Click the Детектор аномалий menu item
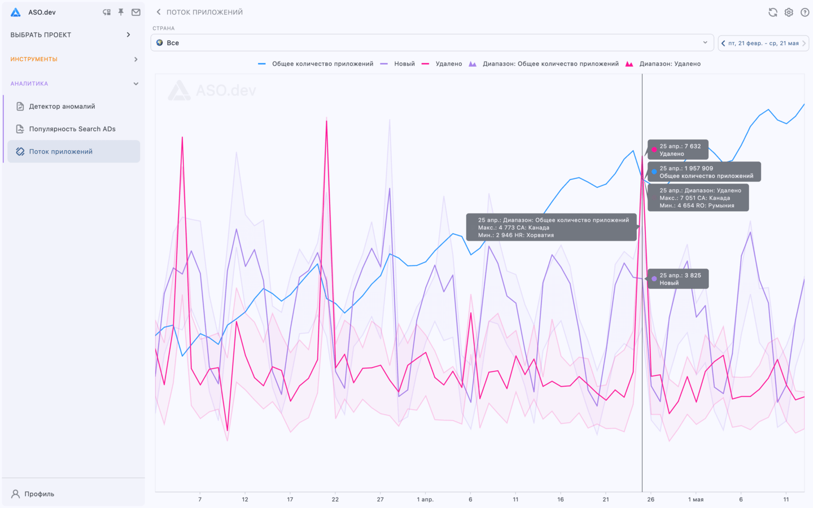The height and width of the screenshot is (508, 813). coord(62,106)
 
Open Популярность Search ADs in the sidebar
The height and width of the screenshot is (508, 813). coord(72,129)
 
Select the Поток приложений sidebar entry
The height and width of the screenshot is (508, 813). coord(61,151)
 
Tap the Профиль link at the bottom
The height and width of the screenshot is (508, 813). coord(39,494)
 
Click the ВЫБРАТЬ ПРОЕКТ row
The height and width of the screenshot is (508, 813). coord(71,35)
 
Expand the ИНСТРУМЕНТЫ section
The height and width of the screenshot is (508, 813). coord(73,59)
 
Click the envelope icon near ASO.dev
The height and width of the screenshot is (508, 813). coord(136,12)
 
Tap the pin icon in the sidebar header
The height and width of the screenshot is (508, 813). coord(121,12)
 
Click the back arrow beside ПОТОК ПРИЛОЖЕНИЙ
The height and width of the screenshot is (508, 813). coord(159,12)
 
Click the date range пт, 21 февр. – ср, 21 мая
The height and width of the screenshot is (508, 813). coord(763,43)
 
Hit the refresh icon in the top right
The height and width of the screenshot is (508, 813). coord(773,12)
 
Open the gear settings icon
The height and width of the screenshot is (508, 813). coord(789,12)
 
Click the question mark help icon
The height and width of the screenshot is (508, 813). coord(805,12)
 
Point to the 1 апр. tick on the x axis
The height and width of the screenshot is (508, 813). coord(425,500)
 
